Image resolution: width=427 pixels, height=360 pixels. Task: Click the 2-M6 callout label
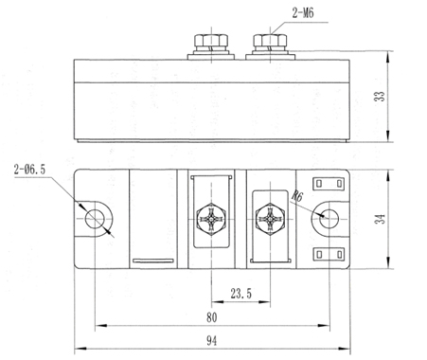click(x=303, y=13)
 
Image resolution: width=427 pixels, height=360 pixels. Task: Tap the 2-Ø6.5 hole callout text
click(x=29, y=170)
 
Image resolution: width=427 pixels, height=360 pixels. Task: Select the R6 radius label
click(x=297, y=196)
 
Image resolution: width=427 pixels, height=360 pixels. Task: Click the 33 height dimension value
click(x=380, y=96)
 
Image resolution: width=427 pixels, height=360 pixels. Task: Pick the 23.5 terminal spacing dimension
click(x=240, y=294)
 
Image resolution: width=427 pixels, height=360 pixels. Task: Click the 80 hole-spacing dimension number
click(x=212, y=317)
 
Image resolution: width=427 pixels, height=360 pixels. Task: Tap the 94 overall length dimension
click(x=212, y=341)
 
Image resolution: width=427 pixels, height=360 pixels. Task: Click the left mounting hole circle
click(x=95, y=209)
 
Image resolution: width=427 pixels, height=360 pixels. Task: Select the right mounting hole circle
click(x=329, y=209)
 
